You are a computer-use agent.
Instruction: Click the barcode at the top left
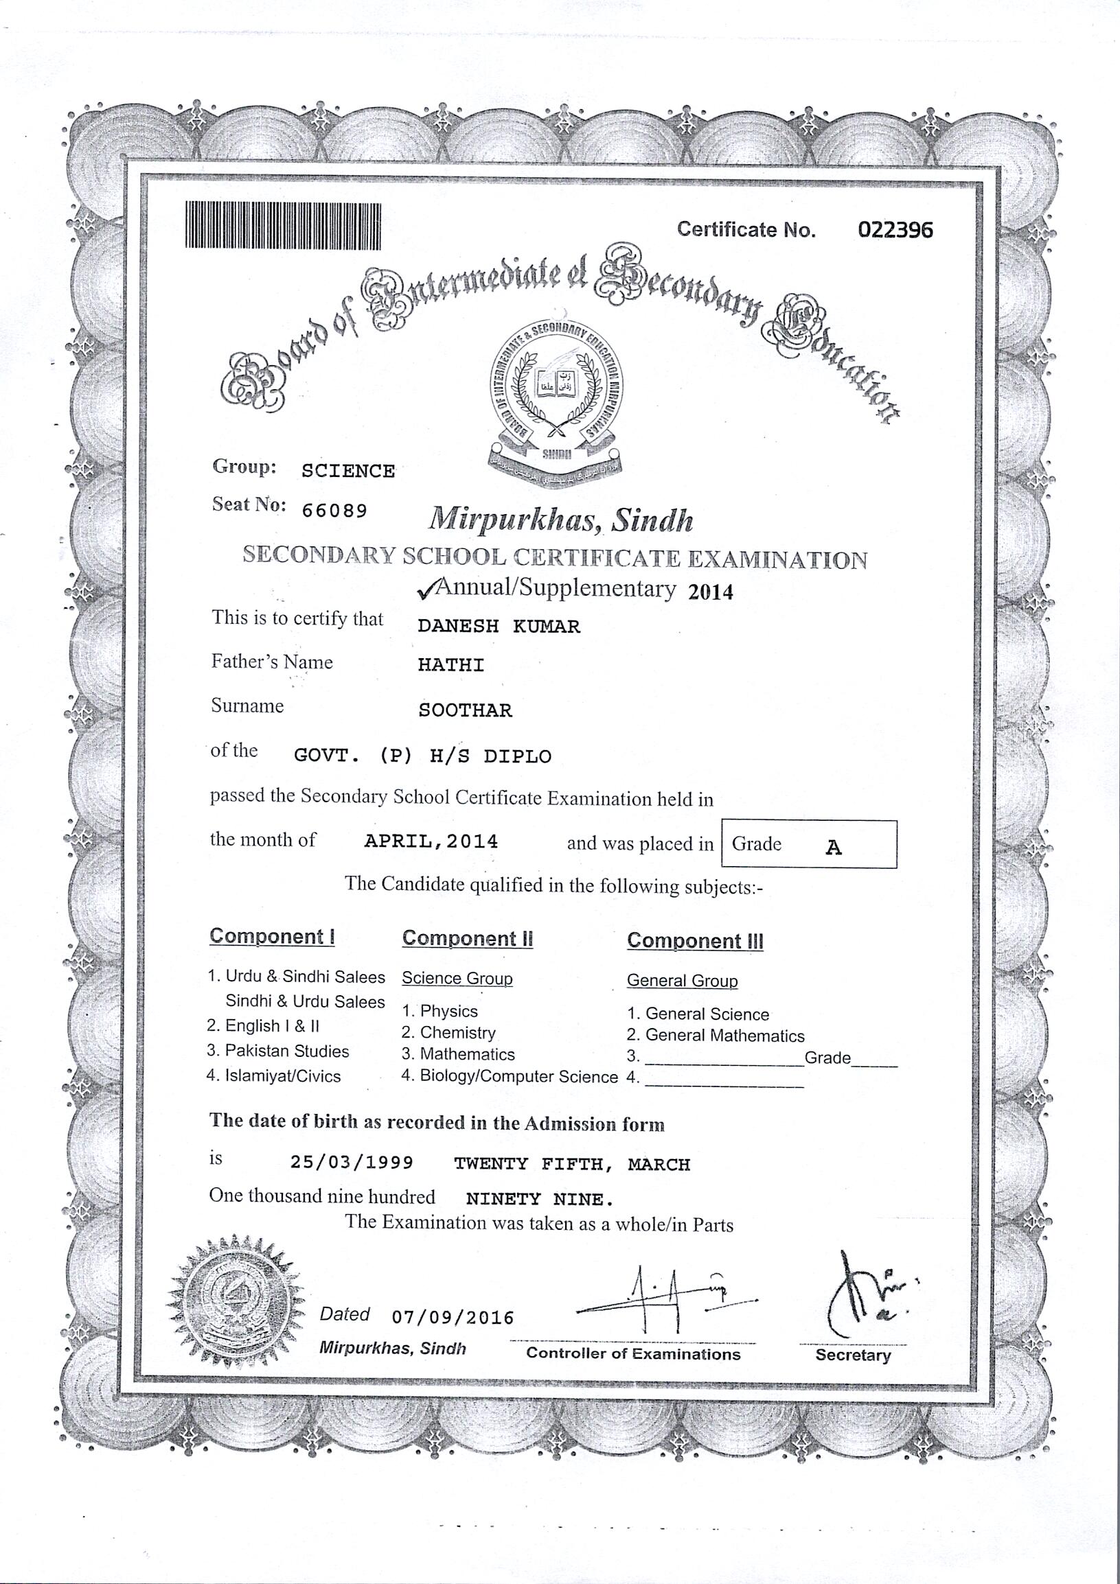(282, 226)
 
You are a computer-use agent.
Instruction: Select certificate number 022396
(895, 230)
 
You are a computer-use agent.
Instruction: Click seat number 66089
(334, 511)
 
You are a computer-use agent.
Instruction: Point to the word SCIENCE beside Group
(347, 471)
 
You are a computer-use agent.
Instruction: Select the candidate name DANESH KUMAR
(499, 627)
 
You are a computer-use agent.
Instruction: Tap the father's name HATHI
(451, 665)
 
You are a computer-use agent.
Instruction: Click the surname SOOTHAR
(465, 710)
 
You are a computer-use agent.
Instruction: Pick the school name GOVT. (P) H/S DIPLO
(422, 756)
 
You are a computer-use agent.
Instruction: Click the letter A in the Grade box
(834, 847)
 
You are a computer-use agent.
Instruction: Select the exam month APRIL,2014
(431, 841)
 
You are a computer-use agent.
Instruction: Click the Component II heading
(467, 938)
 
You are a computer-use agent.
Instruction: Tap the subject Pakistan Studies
(286, 1051)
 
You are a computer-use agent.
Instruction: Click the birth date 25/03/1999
(352, 1163)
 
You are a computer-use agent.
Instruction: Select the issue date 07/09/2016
(453, 1318)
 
